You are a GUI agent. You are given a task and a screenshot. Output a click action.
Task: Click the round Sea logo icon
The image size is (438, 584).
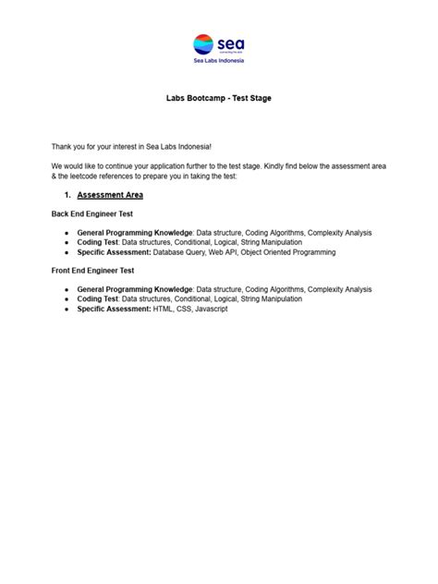(203, 43)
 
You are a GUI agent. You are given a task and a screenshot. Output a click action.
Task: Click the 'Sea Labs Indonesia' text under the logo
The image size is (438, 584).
(219, 63)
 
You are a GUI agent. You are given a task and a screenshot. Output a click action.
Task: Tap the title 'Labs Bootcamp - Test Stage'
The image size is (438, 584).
(219, 97)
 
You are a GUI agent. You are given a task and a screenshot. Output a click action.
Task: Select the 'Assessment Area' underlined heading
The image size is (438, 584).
(110, 195)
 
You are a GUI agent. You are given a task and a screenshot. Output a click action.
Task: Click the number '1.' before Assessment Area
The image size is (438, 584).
(67, 195)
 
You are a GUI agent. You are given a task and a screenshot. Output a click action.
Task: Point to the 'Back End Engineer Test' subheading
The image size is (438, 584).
(92, 214)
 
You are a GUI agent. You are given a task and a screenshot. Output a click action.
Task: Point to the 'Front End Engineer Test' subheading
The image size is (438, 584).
(93, 272)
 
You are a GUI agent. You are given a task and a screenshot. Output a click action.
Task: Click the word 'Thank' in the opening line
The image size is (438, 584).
(62, 147)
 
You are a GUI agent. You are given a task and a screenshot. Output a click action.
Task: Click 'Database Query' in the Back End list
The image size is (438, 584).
(181, 251)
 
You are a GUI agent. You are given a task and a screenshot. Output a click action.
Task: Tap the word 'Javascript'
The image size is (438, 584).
(209, 309)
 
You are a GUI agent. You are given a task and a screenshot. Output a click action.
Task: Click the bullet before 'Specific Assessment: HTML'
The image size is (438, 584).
(67, 309)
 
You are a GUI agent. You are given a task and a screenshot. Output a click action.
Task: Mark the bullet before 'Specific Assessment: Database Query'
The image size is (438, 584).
(67, 251)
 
